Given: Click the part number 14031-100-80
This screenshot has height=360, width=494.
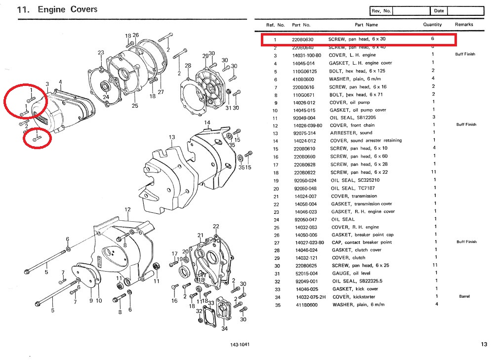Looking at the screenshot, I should (307, 55).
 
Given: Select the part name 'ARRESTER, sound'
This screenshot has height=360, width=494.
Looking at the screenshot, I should (352, 133).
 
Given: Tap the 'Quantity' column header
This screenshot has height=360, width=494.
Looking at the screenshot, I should (432, 24).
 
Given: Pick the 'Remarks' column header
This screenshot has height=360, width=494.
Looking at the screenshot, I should (464, 24).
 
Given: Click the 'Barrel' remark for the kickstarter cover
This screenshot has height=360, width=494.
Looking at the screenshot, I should (464, 297).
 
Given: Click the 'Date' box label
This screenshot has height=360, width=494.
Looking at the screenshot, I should (439, 11).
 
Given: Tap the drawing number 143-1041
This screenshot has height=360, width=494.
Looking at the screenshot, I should (240, 344).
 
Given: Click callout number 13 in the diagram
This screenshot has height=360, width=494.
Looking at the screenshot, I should (172, 137).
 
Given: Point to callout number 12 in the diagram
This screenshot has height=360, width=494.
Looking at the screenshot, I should (127, 210).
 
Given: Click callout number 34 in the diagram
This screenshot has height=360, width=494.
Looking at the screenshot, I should (224, 328).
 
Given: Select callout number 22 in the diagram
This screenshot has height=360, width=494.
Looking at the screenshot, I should (216, 226).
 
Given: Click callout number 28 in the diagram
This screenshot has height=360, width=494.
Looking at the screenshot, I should (188, 66).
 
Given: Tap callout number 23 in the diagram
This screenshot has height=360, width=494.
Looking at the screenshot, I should (101, 52).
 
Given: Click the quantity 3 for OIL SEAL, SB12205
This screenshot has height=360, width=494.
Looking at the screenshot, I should (433, 118).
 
